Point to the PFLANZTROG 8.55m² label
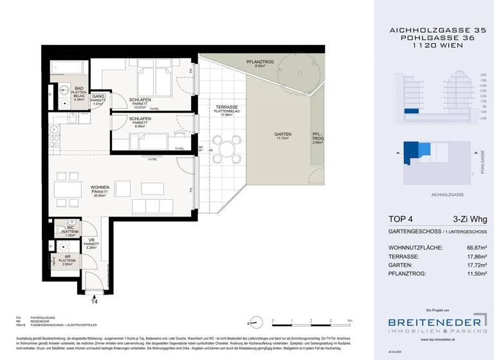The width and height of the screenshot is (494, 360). tap(261, 63)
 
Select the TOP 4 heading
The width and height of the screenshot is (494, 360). tap(404, 219)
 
